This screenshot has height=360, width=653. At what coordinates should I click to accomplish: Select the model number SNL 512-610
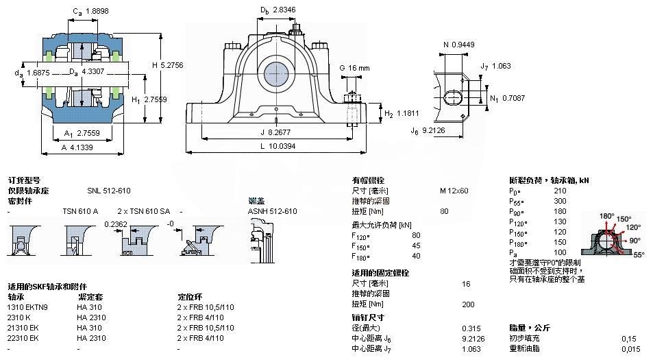click(x=109, y=191)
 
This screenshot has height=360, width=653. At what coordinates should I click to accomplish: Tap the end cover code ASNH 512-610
click(x=272, y=211)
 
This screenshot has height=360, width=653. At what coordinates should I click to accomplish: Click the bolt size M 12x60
click(x=454, y=191)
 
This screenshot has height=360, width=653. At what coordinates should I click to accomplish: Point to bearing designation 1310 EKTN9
click(x=28, y=308)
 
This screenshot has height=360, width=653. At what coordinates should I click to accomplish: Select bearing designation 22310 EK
click(x=25, y=338)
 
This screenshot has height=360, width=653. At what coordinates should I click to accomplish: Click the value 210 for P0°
click(x=560, y=191)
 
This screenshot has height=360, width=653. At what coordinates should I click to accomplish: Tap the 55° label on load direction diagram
click(x=638, y=254)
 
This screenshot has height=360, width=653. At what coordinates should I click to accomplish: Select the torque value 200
click(x=469, y=304)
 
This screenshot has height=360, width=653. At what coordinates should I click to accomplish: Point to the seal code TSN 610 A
click(x=80, y=211)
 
